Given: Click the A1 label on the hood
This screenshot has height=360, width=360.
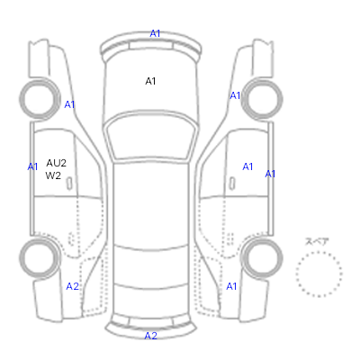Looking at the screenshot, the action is point(150,81).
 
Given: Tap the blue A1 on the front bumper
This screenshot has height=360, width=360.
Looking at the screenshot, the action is point(155,33).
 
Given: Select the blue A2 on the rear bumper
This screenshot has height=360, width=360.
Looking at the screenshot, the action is point(150,336).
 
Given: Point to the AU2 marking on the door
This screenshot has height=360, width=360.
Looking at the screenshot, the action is point(56,163).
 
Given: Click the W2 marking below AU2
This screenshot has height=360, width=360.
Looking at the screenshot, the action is point(53,175).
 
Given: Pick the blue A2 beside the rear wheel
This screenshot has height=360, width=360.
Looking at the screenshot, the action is point(72,286).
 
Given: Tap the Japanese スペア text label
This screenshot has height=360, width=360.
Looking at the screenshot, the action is point(317,241).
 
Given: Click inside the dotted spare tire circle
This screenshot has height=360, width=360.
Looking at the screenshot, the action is point(319,274).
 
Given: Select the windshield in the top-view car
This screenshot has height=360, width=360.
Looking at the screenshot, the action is point(151,137).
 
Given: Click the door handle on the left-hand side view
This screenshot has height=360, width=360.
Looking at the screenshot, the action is point(69,184).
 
